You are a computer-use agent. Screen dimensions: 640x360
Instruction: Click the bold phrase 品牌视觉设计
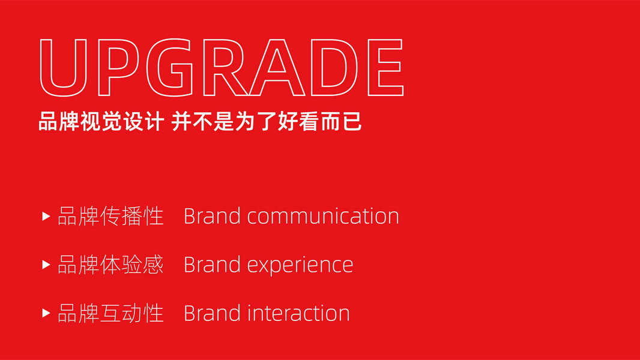(x=101, y=121)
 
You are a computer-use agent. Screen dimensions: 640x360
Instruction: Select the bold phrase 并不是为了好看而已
(x=267, y=121)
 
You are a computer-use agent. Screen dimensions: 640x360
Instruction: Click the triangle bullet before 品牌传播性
(x=46, y=216)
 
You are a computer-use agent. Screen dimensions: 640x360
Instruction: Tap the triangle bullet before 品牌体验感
(x=46, y=265)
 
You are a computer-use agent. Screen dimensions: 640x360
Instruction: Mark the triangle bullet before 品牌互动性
(x=46, y=313)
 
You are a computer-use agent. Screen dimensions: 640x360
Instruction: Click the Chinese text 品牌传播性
(x=110, y=216)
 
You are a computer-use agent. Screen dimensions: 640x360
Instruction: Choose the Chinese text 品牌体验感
(x=110, y=265)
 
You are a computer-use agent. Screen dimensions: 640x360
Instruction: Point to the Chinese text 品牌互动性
(x=110, y=313)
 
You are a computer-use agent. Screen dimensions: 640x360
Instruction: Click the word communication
(x=323, y=216)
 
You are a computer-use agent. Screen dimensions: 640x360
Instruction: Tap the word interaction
(x=298, y=314)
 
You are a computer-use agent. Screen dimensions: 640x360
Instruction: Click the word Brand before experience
(x=212, y=265)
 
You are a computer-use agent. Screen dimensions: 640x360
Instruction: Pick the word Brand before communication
(x=212, y=216)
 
